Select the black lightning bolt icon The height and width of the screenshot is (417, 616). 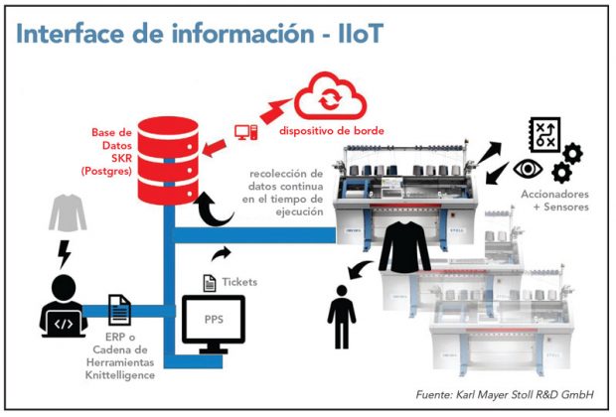pyautogui.click(x=64, y=255)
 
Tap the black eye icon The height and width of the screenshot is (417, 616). pyautogui.click(x=522, y=168)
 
